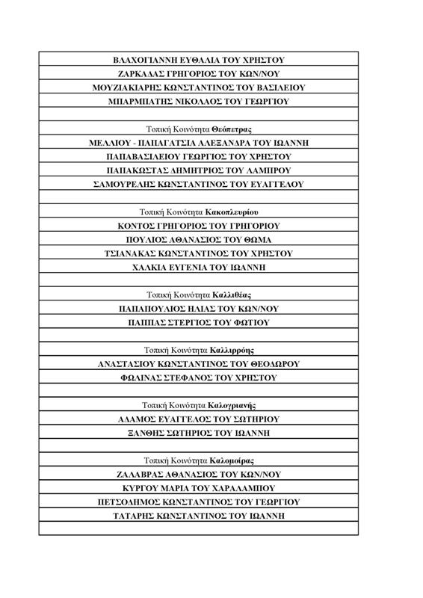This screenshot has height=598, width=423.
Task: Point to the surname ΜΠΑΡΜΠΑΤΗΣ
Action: pyautogui.click(x=141, y=101)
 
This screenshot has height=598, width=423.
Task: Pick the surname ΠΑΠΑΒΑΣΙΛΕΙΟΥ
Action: pyautogui.click(x=147, y=156)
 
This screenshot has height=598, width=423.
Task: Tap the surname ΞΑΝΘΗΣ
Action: pyautogui.click(x=147, y=433)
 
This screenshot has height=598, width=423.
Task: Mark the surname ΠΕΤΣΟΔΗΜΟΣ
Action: pyautogui.click(x=131, y=502)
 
